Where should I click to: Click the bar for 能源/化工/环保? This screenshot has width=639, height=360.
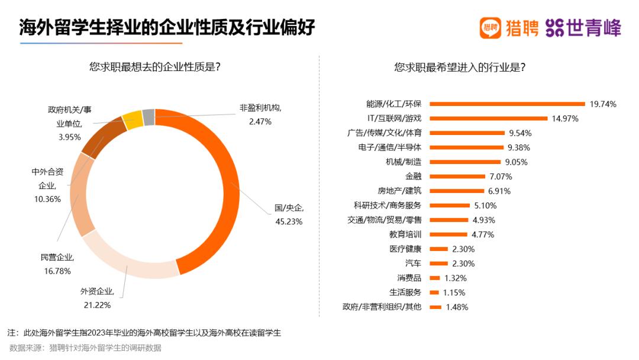click(x=506, y=104)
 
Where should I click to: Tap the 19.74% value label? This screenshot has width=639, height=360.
click(x=603, y=104)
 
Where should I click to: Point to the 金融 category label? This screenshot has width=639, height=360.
click(x=414, y=176)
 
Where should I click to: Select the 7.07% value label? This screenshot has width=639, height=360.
click(x=500, y=176)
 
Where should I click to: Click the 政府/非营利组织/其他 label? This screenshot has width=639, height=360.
click(x=382, y=307)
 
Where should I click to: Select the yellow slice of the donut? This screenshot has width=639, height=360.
click(x=132, y=119)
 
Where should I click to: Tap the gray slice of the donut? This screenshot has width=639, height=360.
click(x=149, y=116)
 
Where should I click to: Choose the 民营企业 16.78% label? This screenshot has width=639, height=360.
click(x=56, y=264)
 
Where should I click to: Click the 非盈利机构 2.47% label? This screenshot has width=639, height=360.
click(x=260, y=114)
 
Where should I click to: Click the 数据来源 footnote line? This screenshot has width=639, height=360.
click(x=85, y=348)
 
